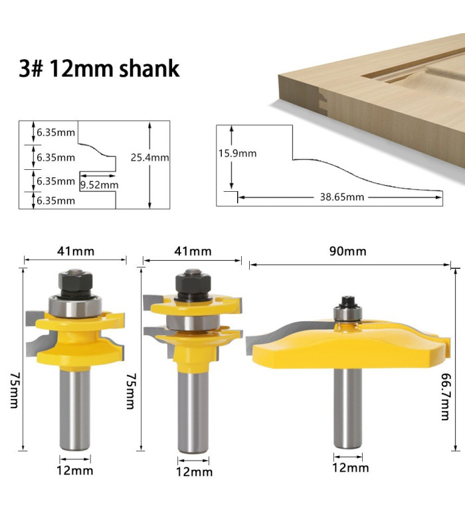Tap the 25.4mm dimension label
point(149,158)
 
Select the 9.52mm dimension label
point(99,185)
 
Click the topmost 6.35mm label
point(56,132)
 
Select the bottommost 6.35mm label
point(56,200)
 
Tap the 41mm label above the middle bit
point(192,251)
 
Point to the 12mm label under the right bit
point(350,468)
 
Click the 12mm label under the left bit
point(75,471)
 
